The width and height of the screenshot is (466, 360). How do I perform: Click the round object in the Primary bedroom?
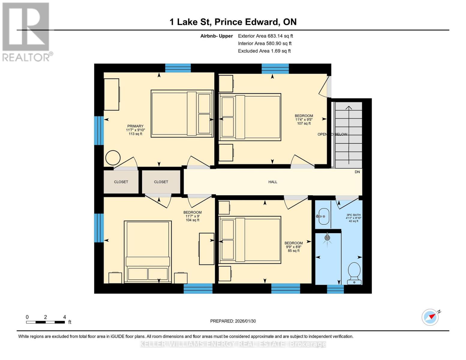click(x=113, y=157)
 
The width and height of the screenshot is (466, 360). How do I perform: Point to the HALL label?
click(x=272, y=182)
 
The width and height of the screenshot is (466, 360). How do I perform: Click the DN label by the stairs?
click(x=357, y=172)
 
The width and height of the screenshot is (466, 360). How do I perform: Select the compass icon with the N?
click(x=430, y=317)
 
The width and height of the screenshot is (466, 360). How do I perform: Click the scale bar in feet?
click(x=45, y=322)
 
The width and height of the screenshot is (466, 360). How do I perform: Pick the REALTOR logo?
click(x=26, y=31)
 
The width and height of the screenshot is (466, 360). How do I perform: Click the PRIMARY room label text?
click(x=135, y=126)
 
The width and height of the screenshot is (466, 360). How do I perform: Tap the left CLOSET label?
click(x=121, y=182)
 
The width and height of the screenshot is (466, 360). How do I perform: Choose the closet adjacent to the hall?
click(x=161, y=182)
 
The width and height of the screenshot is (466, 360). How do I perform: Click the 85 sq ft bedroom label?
click(x=293, y=247)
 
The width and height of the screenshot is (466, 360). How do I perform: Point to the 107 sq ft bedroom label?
click(x=304, y=119)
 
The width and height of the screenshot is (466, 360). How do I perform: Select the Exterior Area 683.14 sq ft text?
click(x=265, y=36)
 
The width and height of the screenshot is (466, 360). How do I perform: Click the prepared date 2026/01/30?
click(x=233, y=321)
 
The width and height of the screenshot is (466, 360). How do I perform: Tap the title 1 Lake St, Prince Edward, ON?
click(x=233, y=22)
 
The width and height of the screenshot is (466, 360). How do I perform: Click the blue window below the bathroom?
click(x=335, y=289)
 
